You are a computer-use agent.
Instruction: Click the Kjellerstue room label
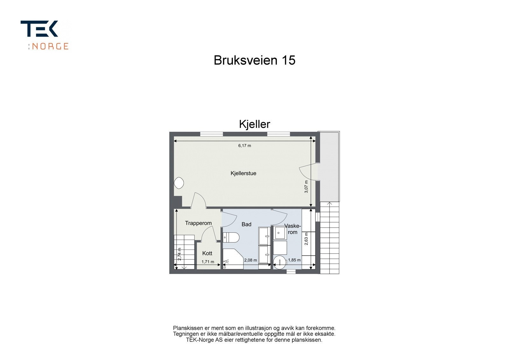click(x=243, y=173)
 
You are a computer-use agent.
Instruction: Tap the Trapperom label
click(x=198, y=223)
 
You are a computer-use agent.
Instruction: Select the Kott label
click(x=207, y=253)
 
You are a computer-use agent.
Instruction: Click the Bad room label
click(x=246, y=224)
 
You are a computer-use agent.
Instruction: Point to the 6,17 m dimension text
click(x=245, y=146)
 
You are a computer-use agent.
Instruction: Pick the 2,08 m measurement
click(x=250, y=260)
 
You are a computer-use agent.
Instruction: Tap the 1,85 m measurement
click(x=294, y=260)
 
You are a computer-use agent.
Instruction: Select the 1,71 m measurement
click(x=208, y=262)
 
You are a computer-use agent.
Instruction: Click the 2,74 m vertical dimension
click(x=179, y=254)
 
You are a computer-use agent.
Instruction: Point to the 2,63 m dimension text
click(x=306, y=239)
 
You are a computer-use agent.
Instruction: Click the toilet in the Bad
click(x=231, y=237)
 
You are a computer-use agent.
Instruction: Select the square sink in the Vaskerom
click(x=280, y=232)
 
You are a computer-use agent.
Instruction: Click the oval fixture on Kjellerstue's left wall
click(x=179, y=183)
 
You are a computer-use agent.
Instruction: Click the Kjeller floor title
click(x=254, y=124)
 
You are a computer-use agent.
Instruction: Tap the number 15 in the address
click(x=288, y=60)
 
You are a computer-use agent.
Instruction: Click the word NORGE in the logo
click(x=50, y=46)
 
